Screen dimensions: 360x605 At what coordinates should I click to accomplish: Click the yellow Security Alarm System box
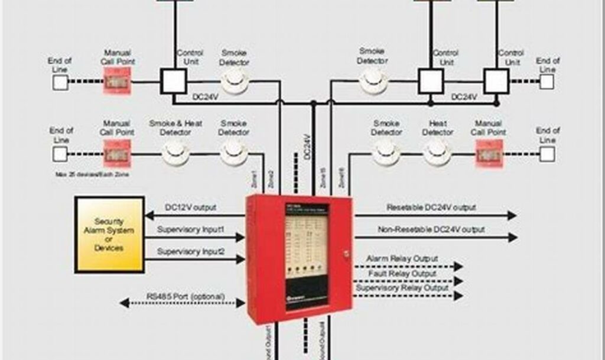pyautogui.click(x=109, y=235)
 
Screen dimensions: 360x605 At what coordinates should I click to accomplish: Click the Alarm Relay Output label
pyautogui.click(x=402, y=259)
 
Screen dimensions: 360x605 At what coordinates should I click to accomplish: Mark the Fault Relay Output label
pyautogui.click(x=402, y=274)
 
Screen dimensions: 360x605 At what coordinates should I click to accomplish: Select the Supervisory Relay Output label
pyautogui.click(x=402, y=288)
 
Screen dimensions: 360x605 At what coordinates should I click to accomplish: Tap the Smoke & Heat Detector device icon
pyautogui.click(x=175, y=154)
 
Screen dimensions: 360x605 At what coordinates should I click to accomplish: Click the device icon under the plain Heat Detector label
pyautogui.click(x=437, y=154)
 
